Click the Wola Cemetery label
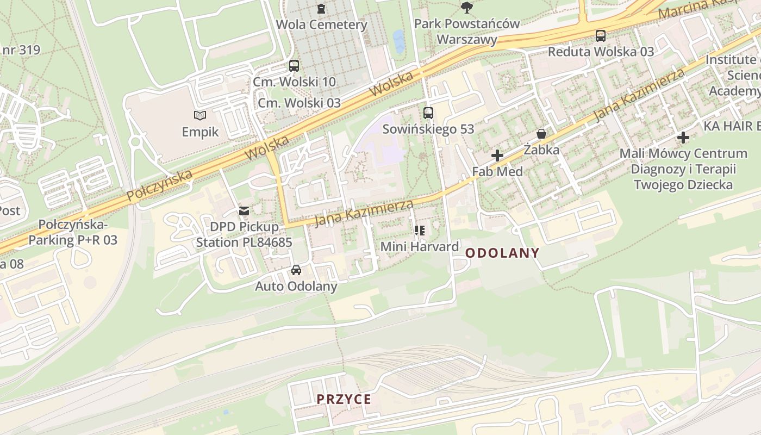[321, 24]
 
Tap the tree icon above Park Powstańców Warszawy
[466, 7]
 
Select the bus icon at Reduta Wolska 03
[600, 36]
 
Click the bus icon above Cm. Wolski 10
[294, 66]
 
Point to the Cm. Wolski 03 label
[299, 103]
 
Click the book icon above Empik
[200, 115]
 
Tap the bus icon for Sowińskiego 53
[428, 113]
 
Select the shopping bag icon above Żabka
[541, 134]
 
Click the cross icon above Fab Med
[497, 156]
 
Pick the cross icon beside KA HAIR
[683, 138]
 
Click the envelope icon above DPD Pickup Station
[244, 210]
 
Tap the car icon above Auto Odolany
[296, 270]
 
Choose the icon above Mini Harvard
[419, 231]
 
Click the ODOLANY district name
[502, 253]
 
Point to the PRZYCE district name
[344, 400]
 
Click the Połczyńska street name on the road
[159, 185]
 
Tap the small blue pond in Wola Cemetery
[399, 41]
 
